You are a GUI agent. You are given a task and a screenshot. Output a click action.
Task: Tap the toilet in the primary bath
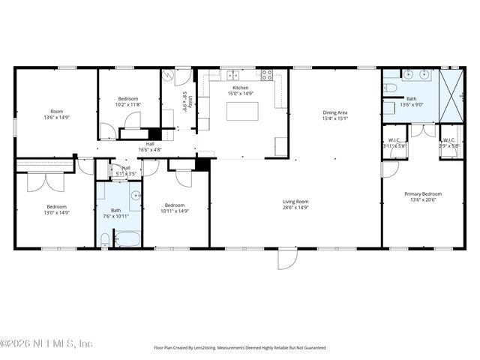[x=390, y=88]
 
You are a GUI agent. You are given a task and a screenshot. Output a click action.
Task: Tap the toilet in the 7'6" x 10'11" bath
[x=105, y=240]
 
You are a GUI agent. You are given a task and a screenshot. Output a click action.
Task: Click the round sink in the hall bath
[x=136, y=196]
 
